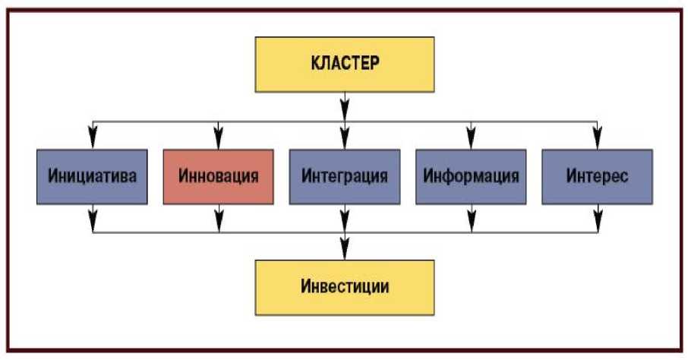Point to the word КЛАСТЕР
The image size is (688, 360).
[x=345, y=63]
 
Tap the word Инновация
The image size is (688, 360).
[x=219, y=177]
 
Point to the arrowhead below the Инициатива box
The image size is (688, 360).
[x=93, y=222]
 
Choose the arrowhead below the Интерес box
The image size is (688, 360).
[x=598, y=222]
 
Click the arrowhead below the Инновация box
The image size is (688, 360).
[x=219, y=222]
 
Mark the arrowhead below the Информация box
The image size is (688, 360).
[x=471, y=222]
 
